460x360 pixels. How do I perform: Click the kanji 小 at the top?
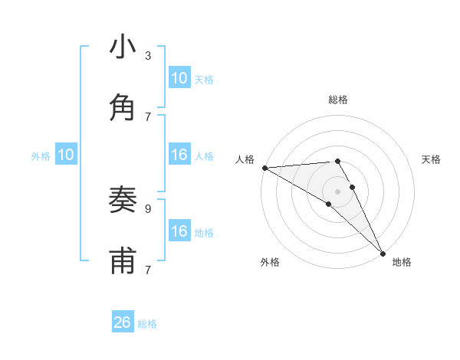pyautogui.click(x=123, y=47)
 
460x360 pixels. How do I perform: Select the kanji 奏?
pyautogui.click(x=123, y=201)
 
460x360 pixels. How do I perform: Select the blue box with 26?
pyautogui.click(x=123, y=322)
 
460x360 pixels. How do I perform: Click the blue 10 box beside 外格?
pyautogui.click(x=66, y=155)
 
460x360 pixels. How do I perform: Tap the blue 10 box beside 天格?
pyautogui.click(x=179, y=78)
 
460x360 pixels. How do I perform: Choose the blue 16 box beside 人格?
pyautogui.click(x=179, y=155)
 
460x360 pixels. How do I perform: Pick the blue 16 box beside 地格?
pyautogui.click(x=179, y=231)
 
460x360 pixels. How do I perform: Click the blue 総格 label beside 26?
pyautogui.click(x=147, y=324)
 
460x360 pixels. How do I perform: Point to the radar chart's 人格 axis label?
pyautogui.click(x=245, y=159)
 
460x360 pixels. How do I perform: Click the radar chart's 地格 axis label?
pyautogui.click(x=402, y=262)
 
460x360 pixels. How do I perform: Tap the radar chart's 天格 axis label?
pyautogui.click(x=431, y=159)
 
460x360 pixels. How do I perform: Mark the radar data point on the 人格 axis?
pyautogui.click(x=264, y=168)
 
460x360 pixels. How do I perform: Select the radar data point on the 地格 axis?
pyautogui.click(x=383, y=253)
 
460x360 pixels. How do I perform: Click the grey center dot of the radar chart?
pyautogui.click(x=337, y=191)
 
